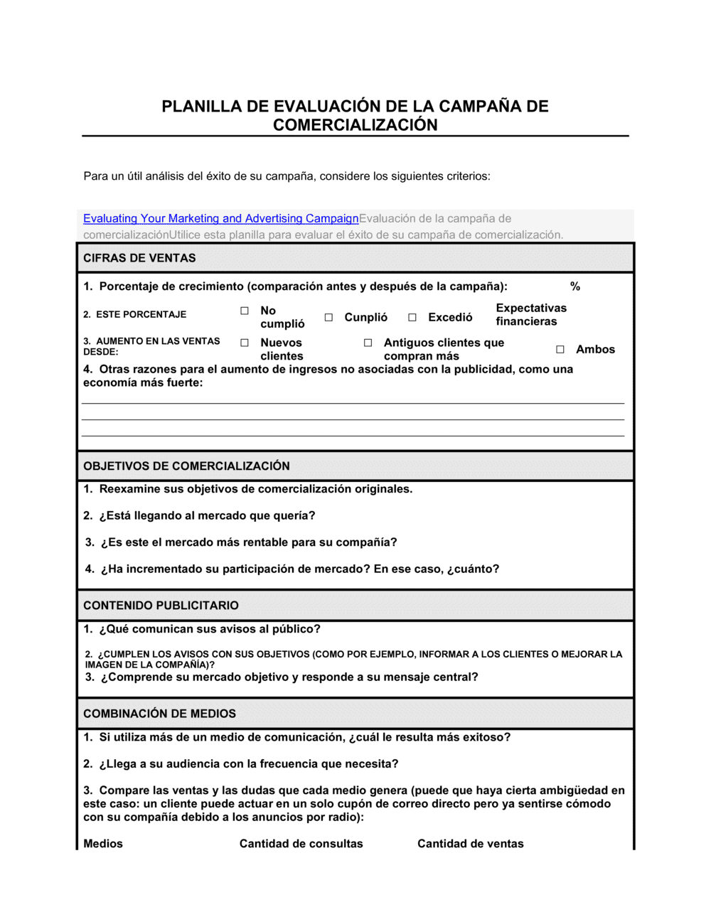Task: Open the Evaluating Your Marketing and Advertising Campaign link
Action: (x=220, y=218)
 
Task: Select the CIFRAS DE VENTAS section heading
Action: (x=139, y=258)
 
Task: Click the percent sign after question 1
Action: (x=575, y=286)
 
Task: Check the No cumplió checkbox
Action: (x=245, y=311)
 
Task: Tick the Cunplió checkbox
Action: (x=328, y=318)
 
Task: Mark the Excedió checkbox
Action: (x=412, y=318)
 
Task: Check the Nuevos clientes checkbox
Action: (x=245, y=343)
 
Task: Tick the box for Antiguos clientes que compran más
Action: (x=368, y=343)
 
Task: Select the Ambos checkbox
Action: (x=560, y=349)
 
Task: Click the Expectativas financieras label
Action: (x=530, y=314)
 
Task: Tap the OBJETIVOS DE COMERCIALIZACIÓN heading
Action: (x=186, y=466)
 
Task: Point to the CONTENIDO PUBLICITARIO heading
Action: (x=161, y=606)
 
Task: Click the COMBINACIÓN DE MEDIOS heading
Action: (x=159, y=714)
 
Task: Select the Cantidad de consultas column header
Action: (x=301, y=844)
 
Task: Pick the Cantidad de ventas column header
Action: (x=470, y=844)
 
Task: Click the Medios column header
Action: (x=103, y=844)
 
